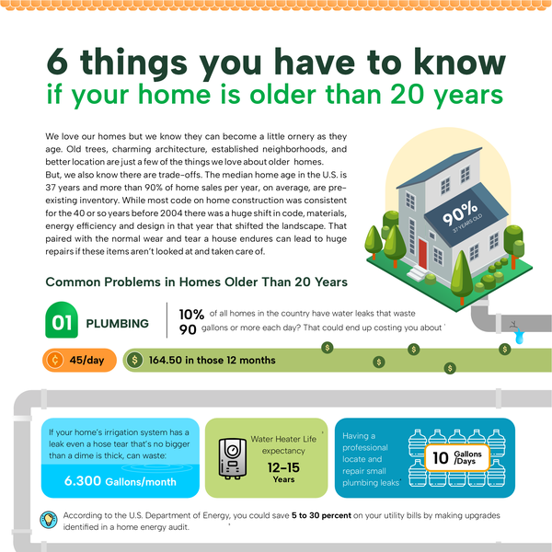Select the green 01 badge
[x=61, y=323]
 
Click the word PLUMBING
[x=117, y=324]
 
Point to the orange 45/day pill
[x=78, y=360]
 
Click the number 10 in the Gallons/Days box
[x=442, y=457]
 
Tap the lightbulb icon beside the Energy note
[x=49, y=518]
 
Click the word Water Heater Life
[x=283, y=439]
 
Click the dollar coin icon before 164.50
[x=135, y=360]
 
